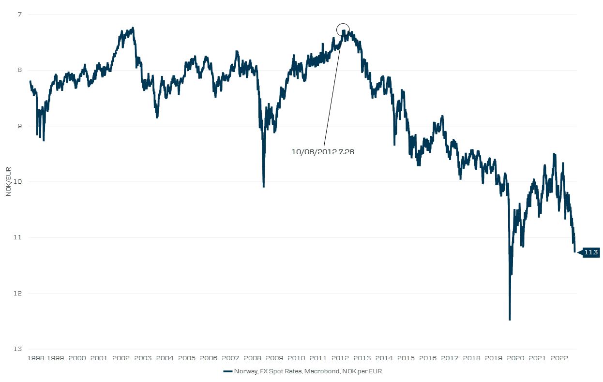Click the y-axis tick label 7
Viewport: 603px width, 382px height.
[19, 14]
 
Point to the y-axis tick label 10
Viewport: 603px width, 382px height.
[17, 181]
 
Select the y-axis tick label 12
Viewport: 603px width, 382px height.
[17, 293]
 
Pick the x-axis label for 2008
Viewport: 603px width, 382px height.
[253, 358]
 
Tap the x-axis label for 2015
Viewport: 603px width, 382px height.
[406, 358]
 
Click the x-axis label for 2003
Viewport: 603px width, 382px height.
[143, 358]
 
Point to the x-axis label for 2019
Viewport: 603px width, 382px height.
[494, 358]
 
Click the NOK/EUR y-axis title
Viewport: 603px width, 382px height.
[8, 181]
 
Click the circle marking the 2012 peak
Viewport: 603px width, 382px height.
[343, 30]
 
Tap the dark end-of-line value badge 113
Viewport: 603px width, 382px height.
[591, 252]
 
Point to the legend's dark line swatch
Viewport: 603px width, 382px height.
[227, 371]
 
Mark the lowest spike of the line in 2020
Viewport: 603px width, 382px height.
[510, 319]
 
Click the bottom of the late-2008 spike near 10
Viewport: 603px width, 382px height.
[264, 186]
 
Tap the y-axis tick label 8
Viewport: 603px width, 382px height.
[19, 70]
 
